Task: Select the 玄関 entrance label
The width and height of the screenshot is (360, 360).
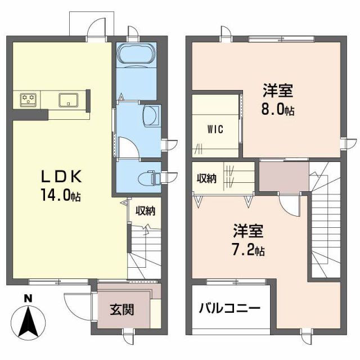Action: pos(121,309)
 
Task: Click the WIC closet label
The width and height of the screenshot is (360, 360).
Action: pos(215,129)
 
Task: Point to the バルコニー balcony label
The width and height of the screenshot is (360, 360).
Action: pos(229,309)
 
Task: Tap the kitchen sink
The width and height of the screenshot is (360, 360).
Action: pos(69,100)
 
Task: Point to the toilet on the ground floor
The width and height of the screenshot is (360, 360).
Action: pos(150,177)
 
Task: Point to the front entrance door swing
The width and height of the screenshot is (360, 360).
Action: pos(76,307)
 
